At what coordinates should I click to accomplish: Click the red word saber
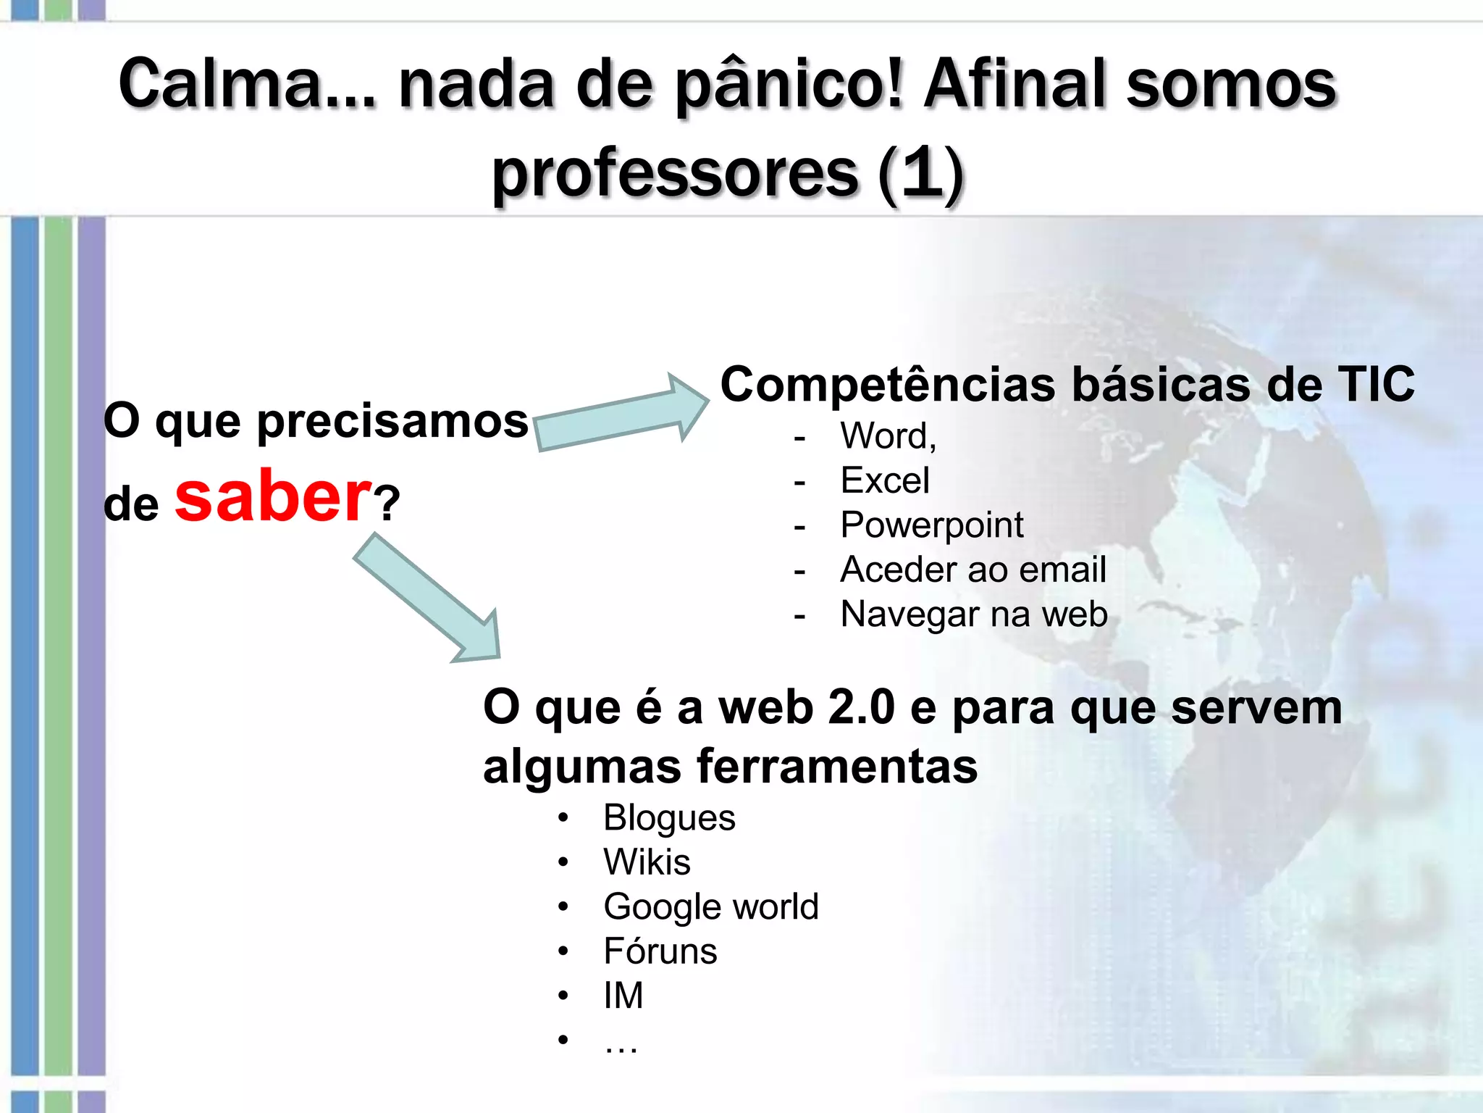pos(273,498)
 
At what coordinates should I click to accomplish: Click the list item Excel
pos(885,480)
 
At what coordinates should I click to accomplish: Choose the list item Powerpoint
pos(932,525)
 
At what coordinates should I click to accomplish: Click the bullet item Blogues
pos(669,818)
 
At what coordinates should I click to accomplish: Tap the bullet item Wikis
pos(647,862)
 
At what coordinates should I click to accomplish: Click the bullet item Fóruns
pos(660,951)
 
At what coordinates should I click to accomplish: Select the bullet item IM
pos(623,996)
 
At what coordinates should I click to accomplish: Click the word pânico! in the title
pos(789,86)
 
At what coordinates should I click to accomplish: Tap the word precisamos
pos(392,422)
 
